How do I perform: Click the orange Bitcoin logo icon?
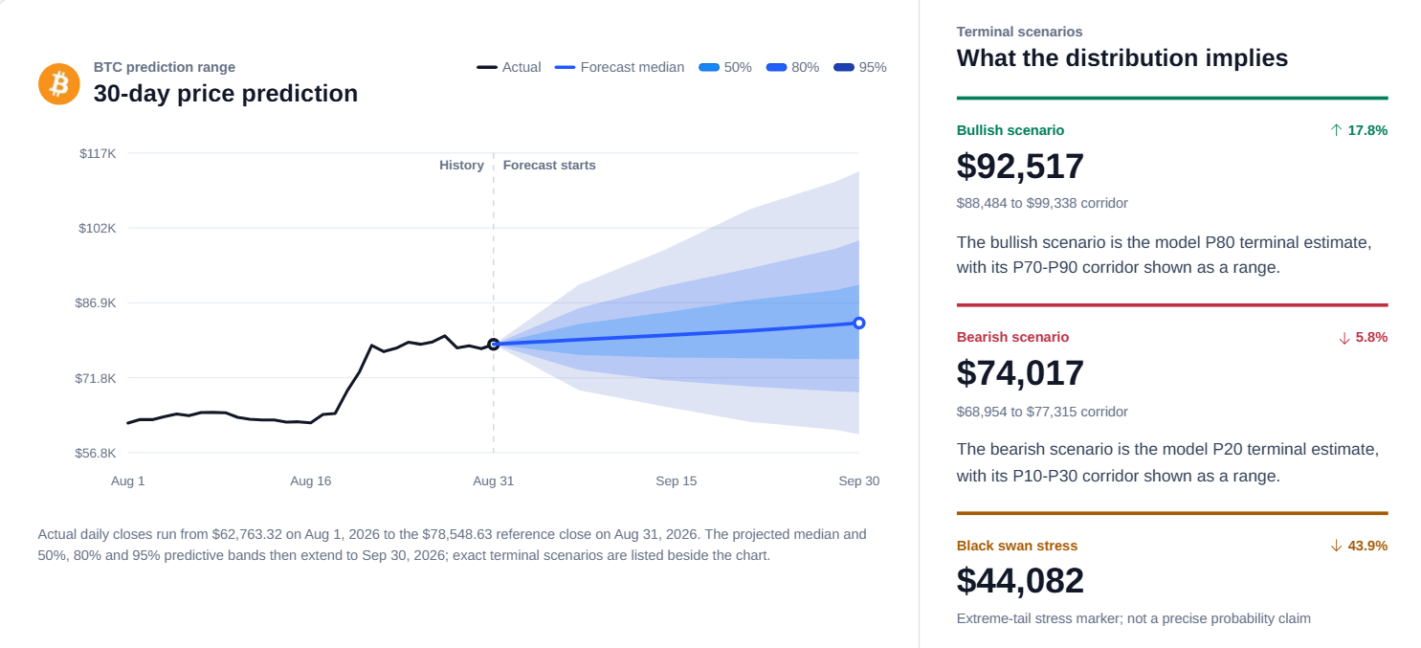[59, 84]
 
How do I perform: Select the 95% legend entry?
[859, 67]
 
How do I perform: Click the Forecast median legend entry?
[619, 67]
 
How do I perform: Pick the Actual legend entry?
[509, 67]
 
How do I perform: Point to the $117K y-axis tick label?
[98, 153]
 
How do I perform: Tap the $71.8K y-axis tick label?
[96, 379]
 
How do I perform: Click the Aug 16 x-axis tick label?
[311, 481]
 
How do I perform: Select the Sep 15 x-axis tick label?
[677, 481]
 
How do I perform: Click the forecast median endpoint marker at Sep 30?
[859, 324]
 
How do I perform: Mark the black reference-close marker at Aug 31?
[494, 344]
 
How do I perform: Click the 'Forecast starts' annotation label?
[549, 165]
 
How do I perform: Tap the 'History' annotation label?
[461, 165]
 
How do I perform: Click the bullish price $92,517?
[1020, 167]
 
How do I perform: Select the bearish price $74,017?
[1020, 373]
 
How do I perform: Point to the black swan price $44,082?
[1020, 581]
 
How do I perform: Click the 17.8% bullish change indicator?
[1359, 130]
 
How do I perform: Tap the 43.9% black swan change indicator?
[1359, 546]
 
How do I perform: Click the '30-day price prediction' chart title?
[226, 94]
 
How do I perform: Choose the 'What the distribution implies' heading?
[1122, 58]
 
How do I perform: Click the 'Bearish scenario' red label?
[1012, 337]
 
